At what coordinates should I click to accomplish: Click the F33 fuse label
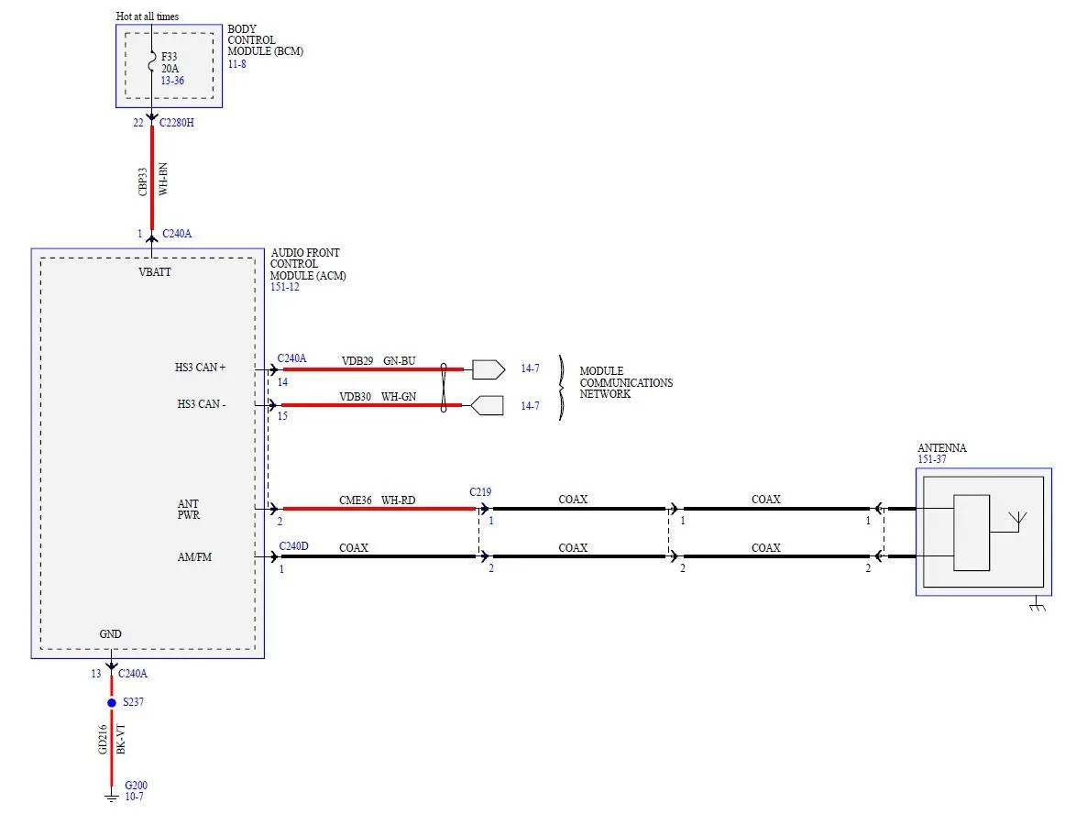170,57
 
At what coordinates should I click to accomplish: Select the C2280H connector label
177,123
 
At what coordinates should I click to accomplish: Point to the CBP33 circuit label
143,182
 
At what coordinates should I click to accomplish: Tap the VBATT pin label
155,271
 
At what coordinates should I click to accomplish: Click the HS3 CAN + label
201,368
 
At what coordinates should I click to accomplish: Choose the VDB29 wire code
357,361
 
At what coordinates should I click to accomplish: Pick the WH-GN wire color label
399,396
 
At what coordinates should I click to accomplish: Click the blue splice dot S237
112,702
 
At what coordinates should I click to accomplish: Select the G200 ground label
136,786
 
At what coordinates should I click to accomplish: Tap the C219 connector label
480,492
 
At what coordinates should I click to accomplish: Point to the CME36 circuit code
356,500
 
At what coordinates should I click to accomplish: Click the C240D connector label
293,546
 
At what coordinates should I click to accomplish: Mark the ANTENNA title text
942,447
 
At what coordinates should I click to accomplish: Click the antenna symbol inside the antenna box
1017,522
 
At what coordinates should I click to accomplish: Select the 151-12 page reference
285,287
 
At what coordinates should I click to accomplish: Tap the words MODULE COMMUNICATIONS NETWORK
626,382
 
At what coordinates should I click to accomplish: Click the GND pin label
111,634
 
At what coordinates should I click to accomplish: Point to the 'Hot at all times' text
148,16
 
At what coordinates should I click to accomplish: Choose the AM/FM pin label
195,557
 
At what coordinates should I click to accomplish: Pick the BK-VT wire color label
121,739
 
